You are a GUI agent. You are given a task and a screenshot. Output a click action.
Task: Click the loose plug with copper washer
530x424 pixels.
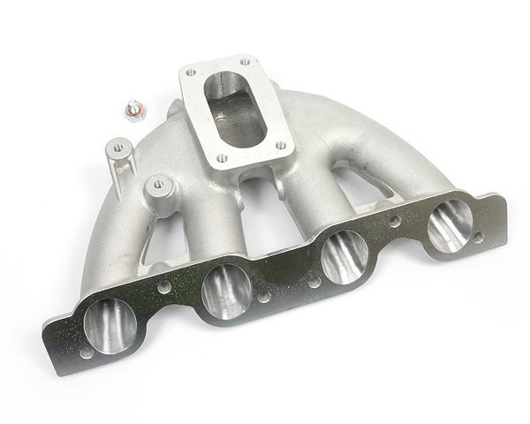(x=133, y=110)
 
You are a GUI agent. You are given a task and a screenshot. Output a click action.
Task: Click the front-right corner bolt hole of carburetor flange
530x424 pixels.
(x=281, y=147)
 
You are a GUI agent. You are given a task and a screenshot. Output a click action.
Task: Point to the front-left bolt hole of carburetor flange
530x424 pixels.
(x=222, y=159)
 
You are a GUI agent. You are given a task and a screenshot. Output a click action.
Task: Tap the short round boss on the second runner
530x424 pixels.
(x=157, y=187)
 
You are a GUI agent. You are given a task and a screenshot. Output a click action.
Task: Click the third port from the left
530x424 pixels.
(x=344, y=256)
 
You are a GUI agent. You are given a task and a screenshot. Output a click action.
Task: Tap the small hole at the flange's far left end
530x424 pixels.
(x=86, y=352)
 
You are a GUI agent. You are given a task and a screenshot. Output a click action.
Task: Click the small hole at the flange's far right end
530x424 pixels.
(x=478, y=238)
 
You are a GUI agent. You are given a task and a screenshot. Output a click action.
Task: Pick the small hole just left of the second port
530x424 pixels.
(x=164, y=288)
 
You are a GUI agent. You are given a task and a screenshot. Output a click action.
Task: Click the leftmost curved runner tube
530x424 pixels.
(x=110, y=230)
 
